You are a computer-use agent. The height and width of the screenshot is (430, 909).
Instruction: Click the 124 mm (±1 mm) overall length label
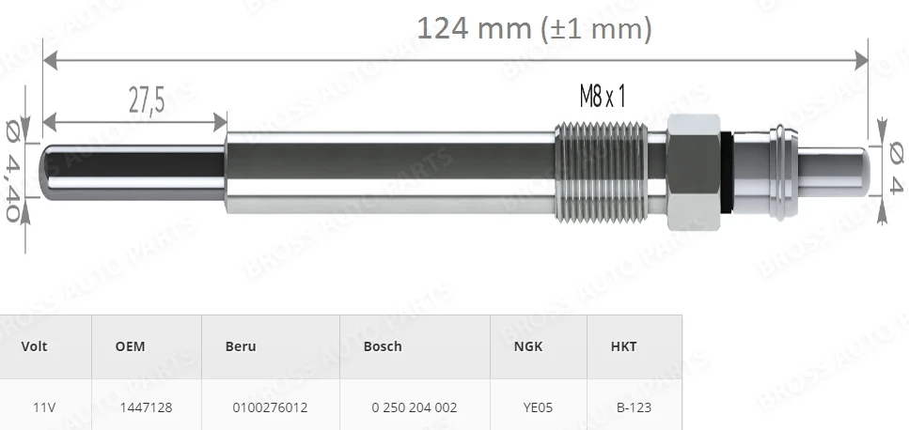click(534, 28)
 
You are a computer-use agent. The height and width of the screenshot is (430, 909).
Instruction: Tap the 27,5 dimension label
click(147, 100)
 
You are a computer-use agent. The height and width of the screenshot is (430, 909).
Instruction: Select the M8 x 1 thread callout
click(603, 96)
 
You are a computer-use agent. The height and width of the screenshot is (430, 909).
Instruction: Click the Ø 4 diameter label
click(896, 168)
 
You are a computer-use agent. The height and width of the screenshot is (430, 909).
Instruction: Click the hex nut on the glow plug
click(694, 172)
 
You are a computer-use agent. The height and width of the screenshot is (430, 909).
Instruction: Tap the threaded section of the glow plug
click(601, 172)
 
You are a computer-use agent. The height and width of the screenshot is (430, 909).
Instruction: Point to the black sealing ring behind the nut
click(727, 172)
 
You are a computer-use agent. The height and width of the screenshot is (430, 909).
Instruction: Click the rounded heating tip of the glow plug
click(45, 171)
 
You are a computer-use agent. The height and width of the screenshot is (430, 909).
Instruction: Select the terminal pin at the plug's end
click(834, 171)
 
